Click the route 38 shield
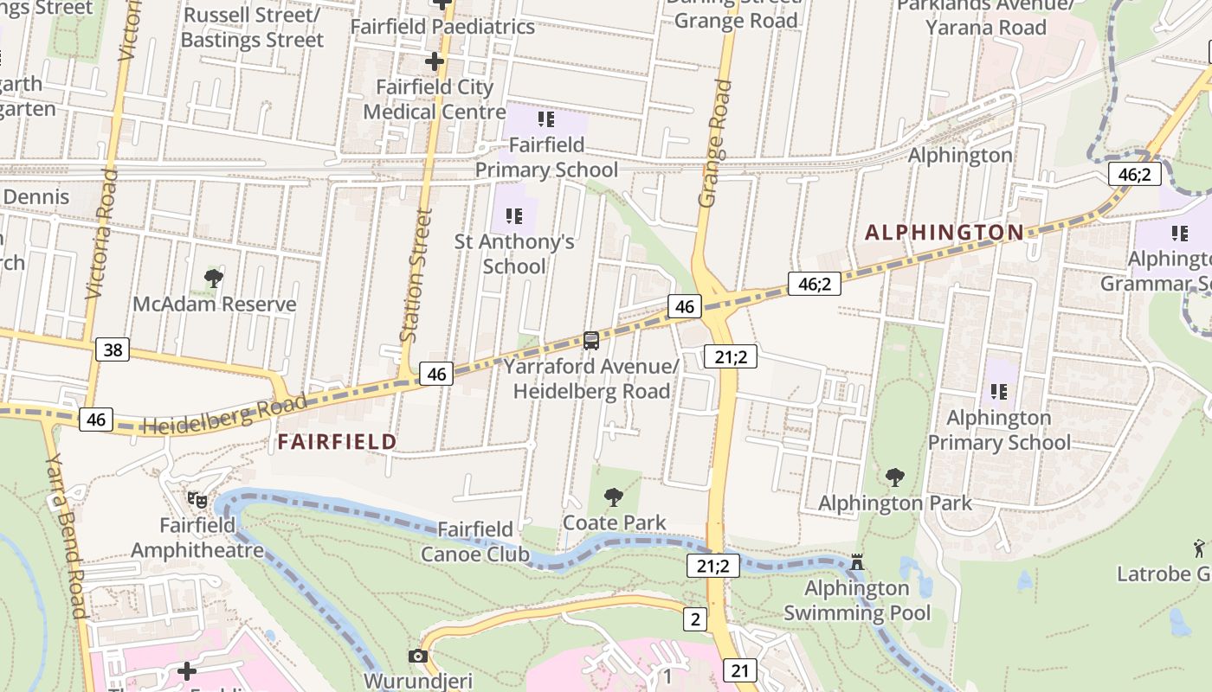[113, 349]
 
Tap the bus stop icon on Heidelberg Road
[591, 341]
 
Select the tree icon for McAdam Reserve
[213, 279]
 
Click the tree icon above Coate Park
[614, 497]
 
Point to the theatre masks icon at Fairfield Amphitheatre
[197, 500]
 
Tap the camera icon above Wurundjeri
[418, 657]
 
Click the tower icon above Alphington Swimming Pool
[857, 563]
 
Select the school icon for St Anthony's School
[514, 216]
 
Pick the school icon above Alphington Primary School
[998, 392]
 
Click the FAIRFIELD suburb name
[337, 442]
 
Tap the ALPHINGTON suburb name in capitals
[944, 232]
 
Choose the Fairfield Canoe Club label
[475, 541]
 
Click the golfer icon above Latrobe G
[1199, 547]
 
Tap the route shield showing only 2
[694, 618]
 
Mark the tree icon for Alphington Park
[895, 477]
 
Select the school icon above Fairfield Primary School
[545, 119]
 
